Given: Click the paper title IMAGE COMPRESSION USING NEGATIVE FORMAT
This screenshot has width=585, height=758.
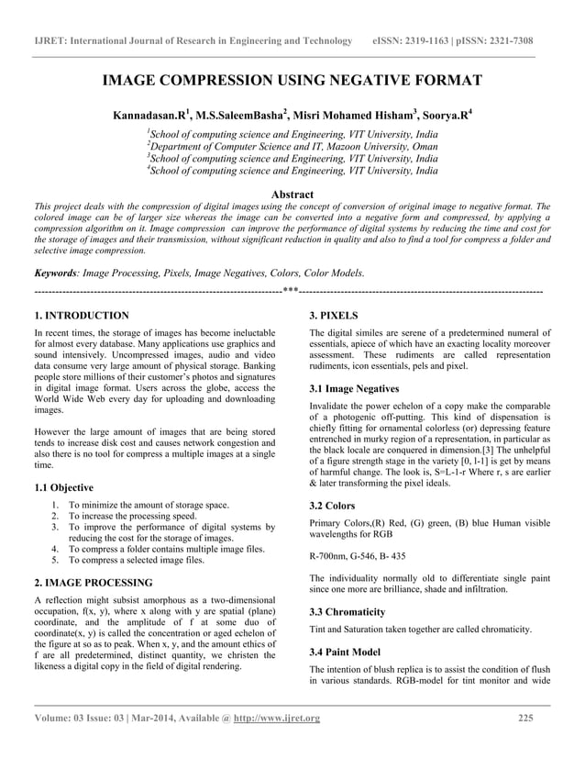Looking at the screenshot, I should [x=292, y=81].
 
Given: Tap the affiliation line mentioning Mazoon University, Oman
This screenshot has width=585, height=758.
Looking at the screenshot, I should [x=292, y=146].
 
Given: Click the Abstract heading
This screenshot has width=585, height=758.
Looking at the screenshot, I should [x=292, y=195].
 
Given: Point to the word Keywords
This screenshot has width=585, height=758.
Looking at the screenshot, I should [x=54, y=273].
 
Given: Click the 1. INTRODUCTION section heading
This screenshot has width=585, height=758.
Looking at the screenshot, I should [x=81, y=316].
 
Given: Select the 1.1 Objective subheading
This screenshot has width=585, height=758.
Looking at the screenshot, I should [x=62, y=487].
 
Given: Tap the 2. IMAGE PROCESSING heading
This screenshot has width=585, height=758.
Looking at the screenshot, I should [x=93, y=583].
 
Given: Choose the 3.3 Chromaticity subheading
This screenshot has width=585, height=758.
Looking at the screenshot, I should [x=348, y=611].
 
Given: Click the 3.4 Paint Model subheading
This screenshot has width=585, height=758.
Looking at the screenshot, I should [x=348, y=651].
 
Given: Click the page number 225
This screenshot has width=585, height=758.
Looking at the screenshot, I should [x=525, y=718].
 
